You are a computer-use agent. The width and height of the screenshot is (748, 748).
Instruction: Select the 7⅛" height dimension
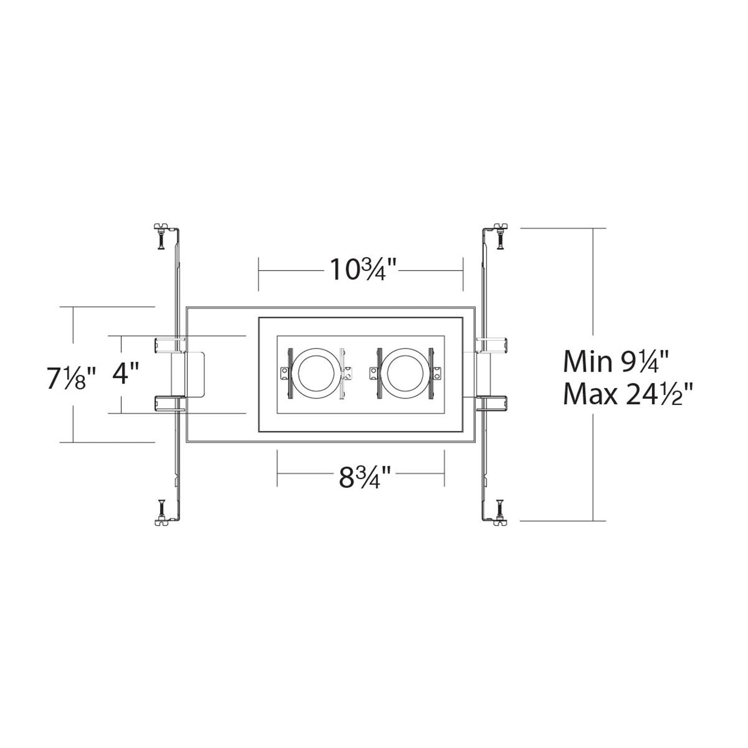[x=71, y=377]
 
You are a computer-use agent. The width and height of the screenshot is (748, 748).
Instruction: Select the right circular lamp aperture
[x=405, y=373]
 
